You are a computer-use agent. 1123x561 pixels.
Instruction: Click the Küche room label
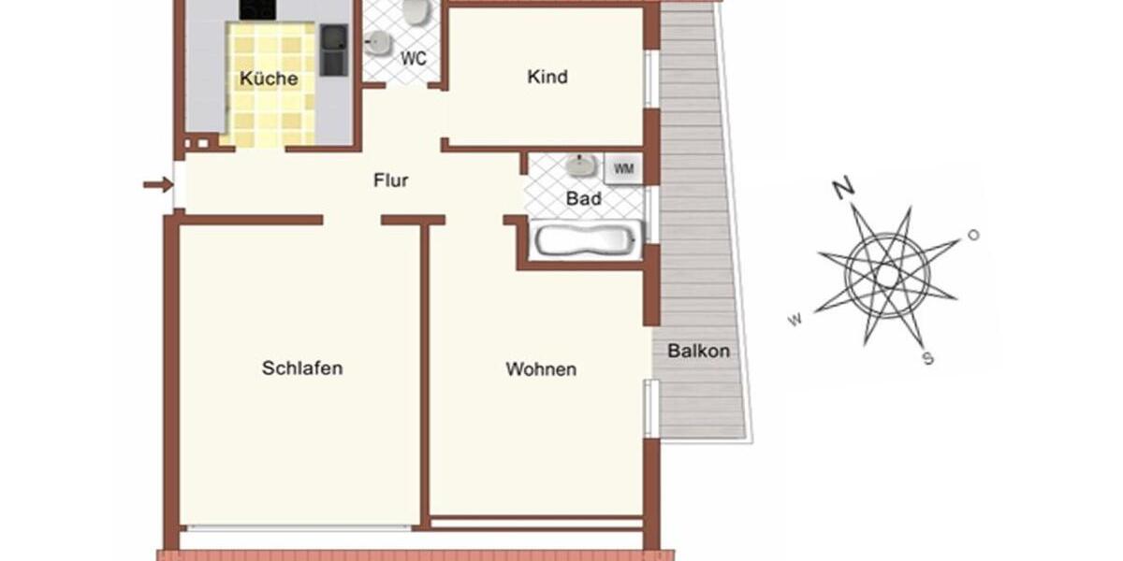click(269, 79)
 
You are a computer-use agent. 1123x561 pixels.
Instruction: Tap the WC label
click(414, 58)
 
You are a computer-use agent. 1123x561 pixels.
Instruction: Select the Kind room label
click(547, 77)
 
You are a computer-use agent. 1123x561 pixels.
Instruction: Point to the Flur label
click(390, 180)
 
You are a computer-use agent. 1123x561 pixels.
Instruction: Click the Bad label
click(584, 198)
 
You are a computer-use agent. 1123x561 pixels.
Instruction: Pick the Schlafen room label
click(302, 367)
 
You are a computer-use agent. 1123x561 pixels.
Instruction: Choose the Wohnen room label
click(541, 369)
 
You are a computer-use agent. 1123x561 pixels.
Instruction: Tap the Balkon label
click(698, 352)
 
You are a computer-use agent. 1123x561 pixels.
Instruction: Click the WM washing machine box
click(623, 169)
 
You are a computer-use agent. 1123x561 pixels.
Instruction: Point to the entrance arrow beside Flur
click(157, 184)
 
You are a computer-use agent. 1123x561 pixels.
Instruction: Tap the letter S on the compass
click(927, 358)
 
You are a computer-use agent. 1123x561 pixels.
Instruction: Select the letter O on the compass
click(973, 235)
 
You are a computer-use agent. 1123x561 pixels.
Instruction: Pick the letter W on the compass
click(795, 320)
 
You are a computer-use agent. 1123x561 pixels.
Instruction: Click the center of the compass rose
click(886, 275)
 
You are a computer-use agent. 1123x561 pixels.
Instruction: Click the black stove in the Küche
click(257, 9)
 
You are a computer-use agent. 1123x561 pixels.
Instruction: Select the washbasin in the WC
click(378, 42)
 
